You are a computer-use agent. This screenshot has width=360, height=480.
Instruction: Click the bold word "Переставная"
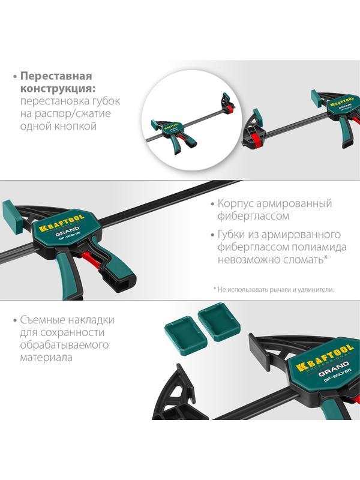click(x=56, y=76)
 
